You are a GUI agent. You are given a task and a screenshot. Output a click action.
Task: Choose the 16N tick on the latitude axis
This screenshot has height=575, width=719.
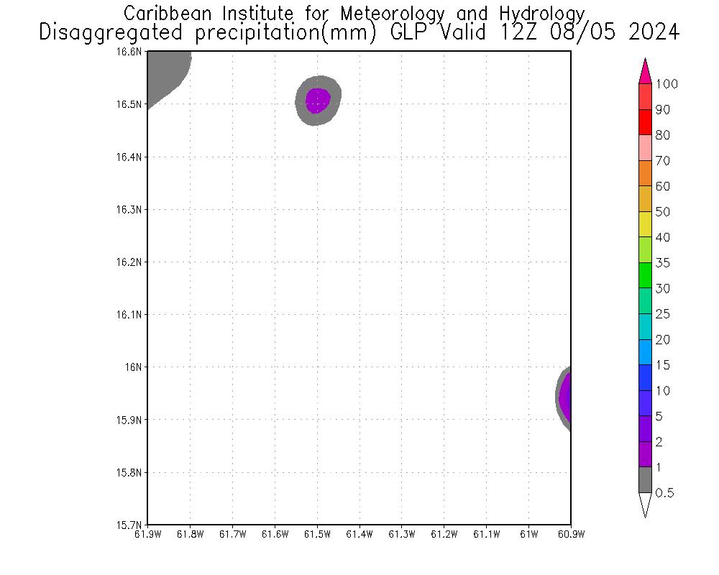tap(137, 367)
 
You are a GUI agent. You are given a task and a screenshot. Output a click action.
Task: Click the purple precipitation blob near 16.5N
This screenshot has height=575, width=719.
tap(318, 100)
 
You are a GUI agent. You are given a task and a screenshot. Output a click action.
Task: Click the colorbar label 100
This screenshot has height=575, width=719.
tap(667, 84)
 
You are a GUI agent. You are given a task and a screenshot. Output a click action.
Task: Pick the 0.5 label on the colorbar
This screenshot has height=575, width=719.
tap(665, 493)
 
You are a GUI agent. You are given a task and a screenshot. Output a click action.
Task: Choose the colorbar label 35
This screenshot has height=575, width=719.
tap(662, 263)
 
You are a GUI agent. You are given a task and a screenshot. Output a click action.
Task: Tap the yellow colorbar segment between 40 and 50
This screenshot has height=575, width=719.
tap(645, 224)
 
